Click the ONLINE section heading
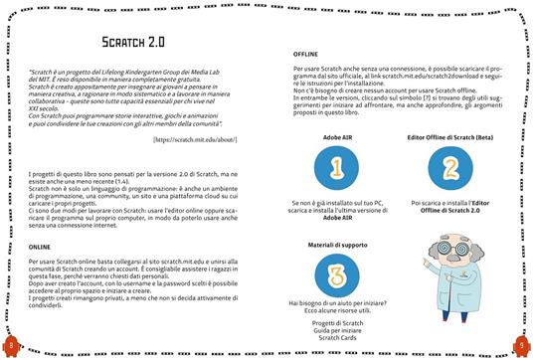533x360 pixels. [x=41, y=245]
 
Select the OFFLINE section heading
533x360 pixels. [x=306, y=52]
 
